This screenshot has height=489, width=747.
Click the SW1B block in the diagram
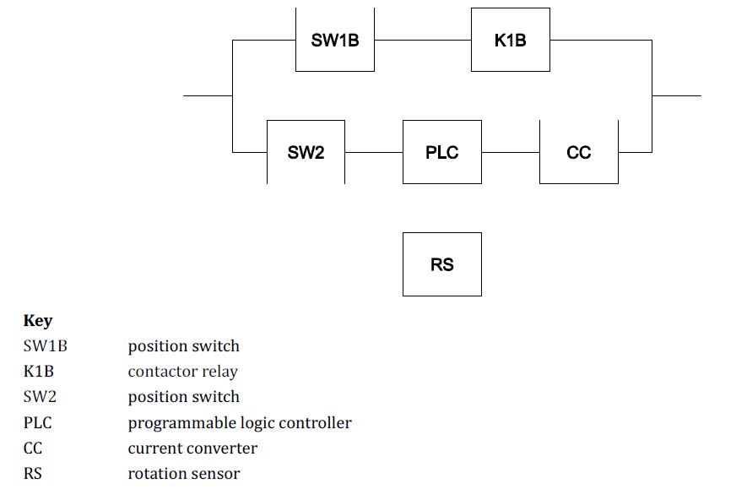click(x=335, y=40)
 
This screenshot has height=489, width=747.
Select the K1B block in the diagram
click(x=510, y=40)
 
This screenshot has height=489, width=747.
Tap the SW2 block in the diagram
click(x=306, y=152)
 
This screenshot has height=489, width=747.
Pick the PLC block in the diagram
click(x=441, y=152)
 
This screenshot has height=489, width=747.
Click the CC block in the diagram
click(x=578, y=152)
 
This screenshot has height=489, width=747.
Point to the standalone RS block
click(x=441, y=264)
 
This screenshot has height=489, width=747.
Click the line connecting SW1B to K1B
click(x=422, y=40)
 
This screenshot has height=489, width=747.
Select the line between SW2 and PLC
click(x=373, y=152)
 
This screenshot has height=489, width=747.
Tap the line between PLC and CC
click(x=510, y=152)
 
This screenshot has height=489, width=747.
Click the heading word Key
click(x=37, y=320)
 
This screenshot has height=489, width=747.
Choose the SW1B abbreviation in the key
click(x=46, y=346)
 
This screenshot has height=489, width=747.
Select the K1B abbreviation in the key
click(x=39, y=372)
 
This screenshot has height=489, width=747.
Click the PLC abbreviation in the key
click(x=37, y=422)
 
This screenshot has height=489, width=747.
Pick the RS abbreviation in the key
click(x=32, y=474)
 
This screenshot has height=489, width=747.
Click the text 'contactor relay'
click(x=182, y=372)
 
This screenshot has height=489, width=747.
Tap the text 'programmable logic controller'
click(x=240, y=422)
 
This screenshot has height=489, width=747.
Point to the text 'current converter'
click(x=192, y=448)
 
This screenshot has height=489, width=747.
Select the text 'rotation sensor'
click(x=183, y=474)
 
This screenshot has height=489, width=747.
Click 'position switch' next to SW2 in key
click(x=183, y=397)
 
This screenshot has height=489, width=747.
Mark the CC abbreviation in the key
click(x=32, y=448)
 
